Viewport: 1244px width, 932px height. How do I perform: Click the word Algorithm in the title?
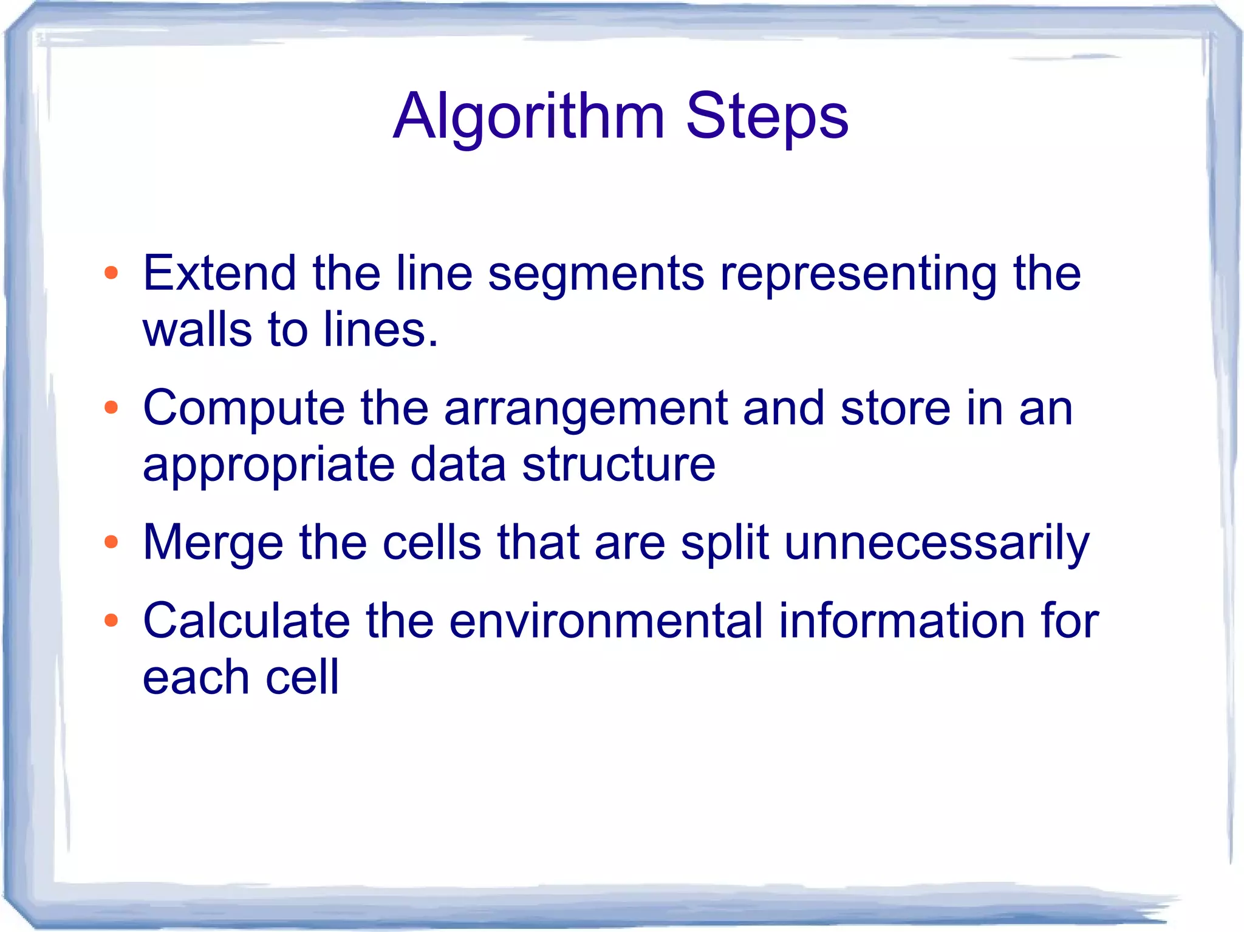coord(528,117)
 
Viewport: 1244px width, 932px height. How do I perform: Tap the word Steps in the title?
coord(767,117)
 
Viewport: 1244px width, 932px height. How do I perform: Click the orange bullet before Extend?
coord(111,273)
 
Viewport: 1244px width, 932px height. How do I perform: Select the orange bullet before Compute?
coord(111,407)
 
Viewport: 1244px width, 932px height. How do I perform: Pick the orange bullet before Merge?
coord(111,542)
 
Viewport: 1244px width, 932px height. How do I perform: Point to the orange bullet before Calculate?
coord(111,621)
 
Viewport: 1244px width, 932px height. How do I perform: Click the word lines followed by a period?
coord(380,329)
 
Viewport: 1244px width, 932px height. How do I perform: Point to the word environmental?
coord(605,621)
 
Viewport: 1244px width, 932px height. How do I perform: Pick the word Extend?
coord(219,273)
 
